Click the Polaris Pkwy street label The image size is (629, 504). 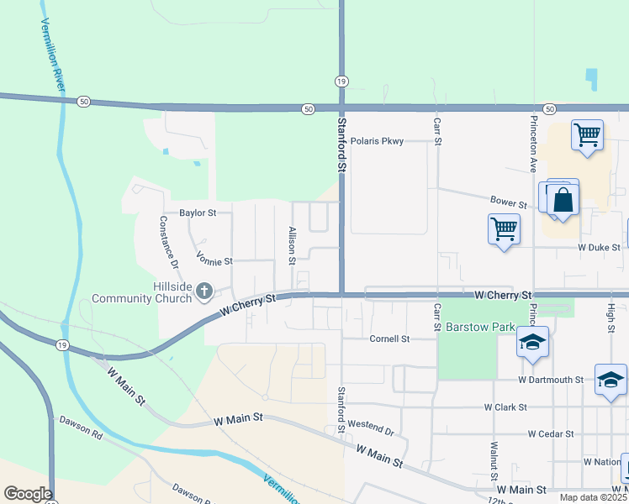click(x=377, y=141)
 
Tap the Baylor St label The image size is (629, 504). click(x=198, y=213)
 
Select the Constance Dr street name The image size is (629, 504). click(x=168, y=242)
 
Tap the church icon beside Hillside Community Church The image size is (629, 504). click(x=203, y=291)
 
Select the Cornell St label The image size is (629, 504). click(x=389, y=339)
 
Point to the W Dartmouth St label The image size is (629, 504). click(x=551, y=380)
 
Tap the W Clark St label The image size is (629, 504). click(x=505, y=407)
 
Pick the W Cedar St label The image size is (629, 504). click(x=550, y=434)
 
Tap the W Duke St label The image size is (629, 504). click(x=599, y=248)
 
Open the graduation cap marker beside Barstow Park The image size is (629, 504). click(x=532, y=342)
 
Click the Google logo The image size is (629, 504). click(x=28, y=494)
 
